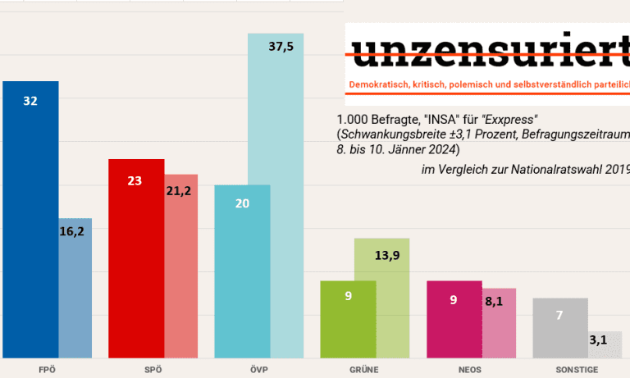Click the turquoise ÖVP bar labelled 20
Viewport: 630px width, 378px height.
242,271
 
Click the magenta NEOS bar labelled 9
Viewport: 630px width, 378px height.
454,320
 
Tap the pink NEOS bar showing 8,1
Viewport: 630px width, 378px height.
500,323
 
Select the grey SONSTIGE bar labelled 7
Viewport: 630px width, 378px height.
560,328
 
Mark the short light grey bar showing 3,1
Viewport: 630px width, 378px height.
605,344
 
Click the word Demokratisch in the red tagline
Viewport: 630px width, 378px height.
381,85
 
